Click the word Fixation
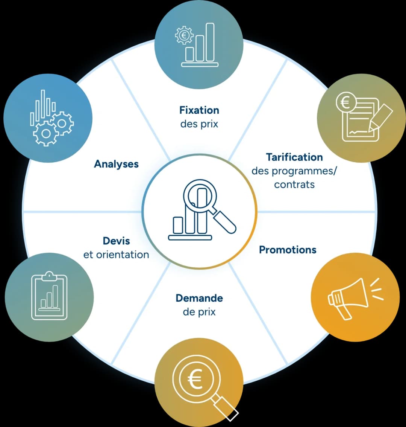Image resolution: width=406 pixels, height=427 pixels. pyautogui.click(x=199, y=110)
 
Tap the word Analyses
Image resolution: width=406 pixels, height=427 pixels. pyautogui.click(x=116, y=164)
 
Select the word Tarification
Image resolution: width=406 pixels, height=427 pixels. pyautogui.click(x=294, y=157)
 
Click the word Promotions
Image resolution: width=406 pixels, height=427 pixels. pyautogui.click(x=288, y=250)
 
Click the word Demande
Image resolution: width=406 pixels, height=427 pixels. pyautogui.click(x=199, y=298)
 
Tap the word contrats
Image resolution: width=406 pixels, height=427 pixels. pyautogui.click(x=294, y=185)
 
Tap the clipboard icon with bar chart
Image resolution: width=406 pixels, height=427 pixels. pyautogui.click(x=49, y=296)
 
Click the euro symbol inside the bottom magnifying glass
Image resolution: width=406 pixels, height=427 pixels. pyautogui.click(x=195, y=379)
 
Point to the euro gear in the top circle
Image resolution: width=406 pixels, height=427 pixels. pyautogui.click(x=184, y=35)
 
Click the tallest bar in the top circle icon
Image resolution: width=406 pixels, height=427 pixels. pyautogui.click(x=210, y=42)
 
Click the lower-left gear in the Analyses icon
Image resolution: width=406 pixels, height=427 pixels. pyautogui.click(x=46, y=134)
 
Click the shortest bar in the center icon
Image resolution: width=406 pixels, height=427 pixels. pyautogui.click(x=178, y=226)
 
